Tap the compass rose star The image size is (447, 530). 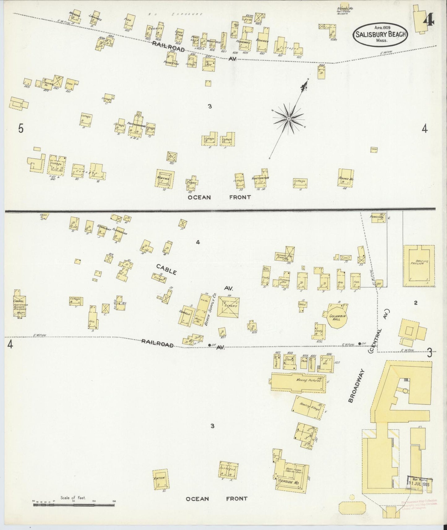coord(288,118)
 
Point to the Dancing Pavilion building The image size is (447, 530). coord(419,266)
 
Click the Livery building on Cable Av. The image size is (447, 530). coord(228,306)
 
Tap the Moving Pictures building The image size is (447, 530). coord(299,383)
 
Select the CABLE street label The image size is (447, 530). coord(166,270)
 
